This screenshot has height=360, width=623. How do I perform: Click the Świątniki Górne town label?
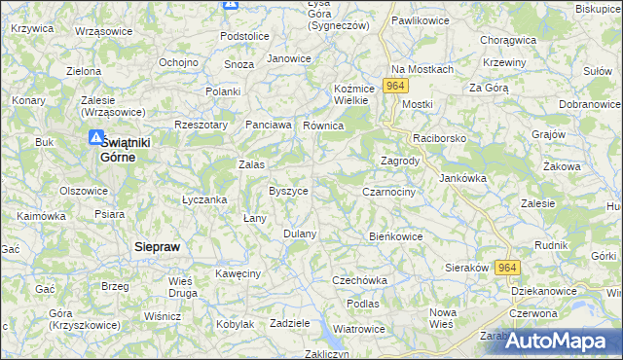(x=126, y=148)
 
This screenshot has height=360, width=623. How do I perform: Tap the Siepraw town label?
(x=156, y=247)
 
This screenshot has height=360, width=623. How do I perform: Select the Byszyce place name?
(x=288, y=191)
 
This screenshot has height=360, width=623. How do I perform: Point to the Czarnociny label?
(x=388, y=192)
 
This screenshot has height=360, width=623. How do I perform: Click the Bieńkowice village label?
(x=395, y=235)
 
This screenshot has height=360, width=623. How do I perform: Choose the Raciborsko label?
(x=439, y=138)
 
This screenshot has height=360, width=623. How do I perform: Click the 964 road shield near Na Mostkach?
(x=394, y=87)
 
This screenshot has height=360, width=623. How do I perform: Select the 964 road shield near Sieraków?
(x=506, y=268)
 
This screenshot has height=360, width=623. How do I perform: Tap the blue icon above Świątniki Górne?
(x=96, y=138)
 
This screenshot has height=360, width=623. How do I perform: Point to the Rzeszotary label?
(x=201, y=125)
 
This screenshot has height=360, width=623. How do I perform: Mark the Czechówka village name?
(x=359, y=280)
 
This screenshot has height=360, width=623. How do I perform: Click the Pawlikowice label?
(x=420, y=19)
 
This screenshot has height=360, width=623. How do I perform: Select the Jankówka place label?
(x=463, y=178)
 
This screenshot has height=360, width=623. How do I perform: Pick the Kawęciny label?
(x=238, y=273)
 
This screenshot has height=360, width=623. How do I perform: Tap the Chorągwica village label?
(x=509, y=41)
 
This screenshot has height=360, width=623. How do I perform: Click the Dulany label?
(x=300, y=234)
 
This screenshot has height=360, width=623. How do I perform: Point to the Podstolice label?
(x=244, y=36)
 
